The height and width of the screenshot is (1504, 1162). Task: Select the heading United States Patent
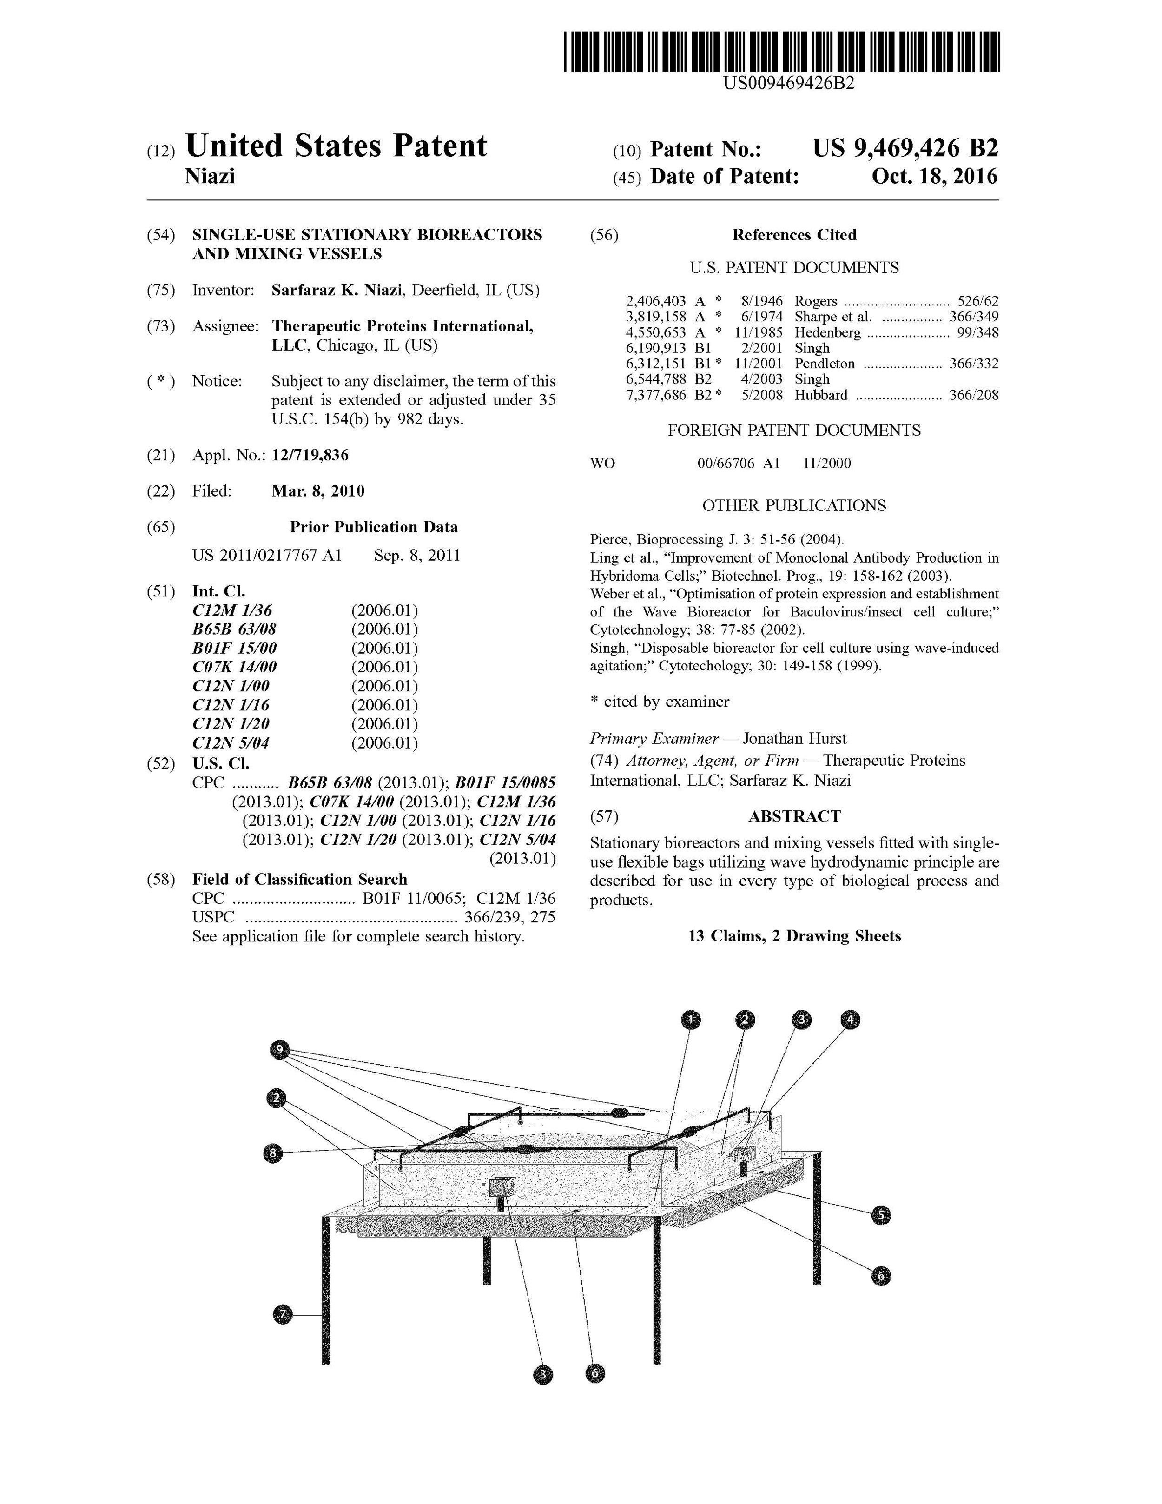(336, 146)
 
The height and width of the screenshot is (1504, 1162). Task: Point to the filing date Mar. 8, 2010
(318, 491)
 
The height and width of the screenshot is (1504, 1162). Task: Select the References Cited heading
(794, 235)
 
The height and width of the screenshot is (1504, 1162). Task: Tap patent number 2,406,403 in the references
(655, 301)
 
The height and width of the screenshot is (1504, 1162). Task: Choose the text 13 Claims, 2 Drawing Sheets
(794, 936)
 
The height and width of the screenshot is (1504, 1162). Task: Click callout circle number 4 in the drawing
(851, 1019)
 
